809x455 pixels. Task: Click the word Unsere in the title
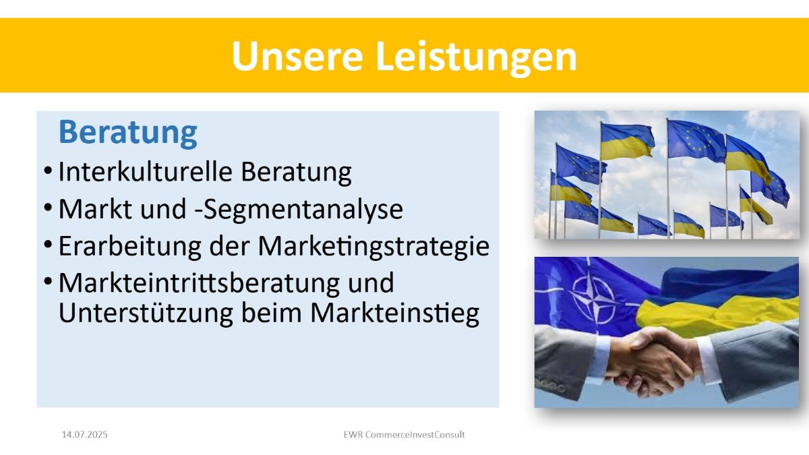(297, 56)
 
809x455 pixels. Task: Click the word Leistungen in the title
(477, 58)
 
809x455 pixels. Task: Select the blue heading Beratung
(128, 133)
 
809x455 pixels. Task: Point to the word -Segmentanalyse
(299, 210)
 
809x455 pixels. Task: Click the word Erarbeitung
(129, 247)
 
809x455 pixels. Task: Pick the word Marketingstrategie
(373, 247)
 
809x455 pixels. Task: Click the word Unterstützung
(146, 313)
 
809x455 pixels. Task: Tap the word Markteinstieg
(395, 313)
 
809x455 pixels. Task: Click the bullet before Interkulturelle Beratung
(48, 171)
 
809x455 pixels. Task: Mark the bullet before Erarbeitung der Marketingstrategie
(48, 244)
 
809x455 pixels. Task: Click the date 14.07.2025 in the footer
(84, 434)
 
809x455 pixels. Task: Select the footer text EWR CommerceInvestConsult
(404, 434)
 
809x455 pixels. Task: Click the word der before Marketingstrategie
(229, 247)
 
